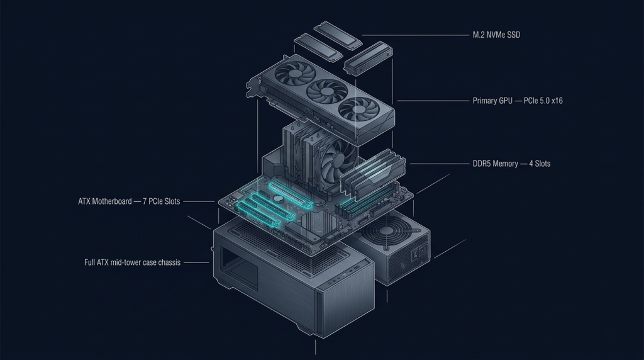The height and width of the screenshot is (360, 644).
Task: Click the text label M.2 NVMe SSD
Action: [496, 35]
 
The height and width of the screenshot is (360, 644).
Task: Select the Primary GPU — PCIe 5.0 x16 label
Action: [517, 100]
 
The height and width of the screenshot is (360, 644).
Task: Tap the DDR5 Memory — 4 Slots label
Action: [511, 164]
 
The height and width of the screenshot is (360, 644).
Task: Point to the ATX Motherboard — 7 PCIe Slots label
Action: [129, 201]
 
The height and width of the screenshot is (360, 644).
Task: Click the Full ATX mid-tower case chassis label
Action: [132, 262]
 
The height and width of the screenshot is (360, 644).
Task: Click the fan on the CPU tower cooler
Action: [335, 160]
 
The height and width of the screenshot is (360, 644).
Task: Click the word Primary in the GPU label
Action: [484, 100]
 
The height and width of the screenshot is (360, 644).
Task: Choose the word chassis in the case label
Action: [168, 262]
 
